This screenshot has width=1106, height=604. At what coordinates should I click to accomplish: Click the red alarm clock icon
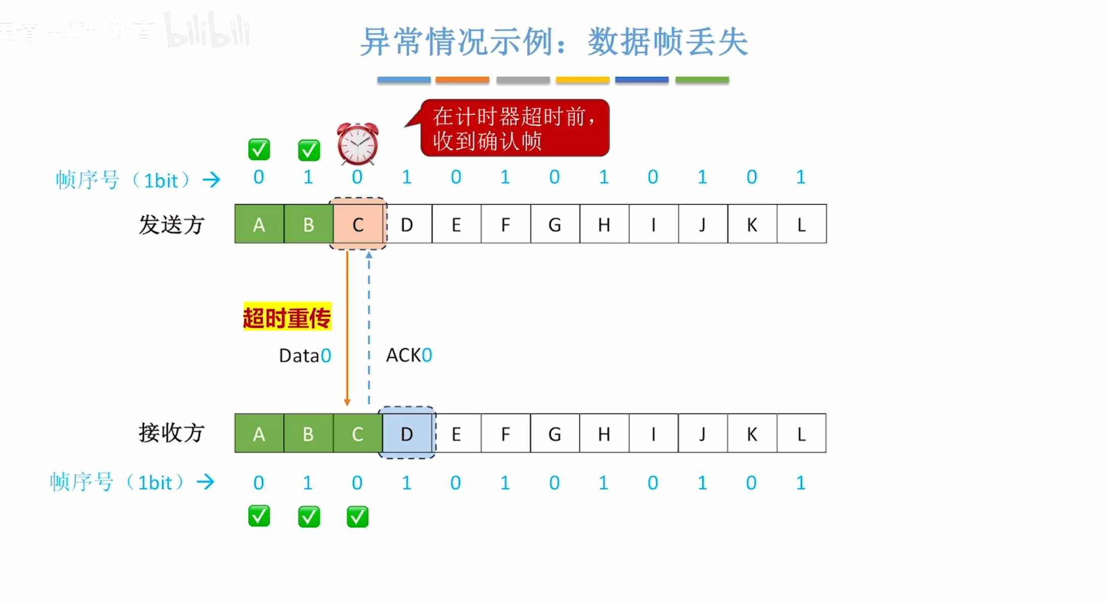pyautogui.click(x=358, y=144)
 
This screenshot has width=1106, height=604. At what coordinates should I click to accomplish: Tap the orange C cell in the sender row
pyautogui.click(x=358, y=224)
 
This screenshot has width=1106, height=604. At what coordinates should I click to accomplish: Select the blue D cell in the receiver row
pyautogui.click(x=407, y=434)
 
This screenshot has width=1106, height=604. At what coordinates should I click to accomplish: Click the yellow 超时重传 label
pyautogui.click(x=287, y=317)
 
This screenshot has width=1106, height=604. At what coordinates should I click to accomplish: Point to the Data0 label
pyautogui.click(x=305, y=355)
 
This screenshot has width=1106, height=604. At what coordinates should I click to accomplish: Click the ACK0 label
pyautogui.click(x=409, y=355)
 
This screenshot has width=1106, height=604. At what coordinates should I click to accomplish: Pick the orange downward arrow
pyautogui.click(x=347, y=329)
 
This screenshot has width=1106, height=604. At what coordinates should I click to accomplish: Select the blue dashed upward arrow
pyautogui.click(x=369, y=329)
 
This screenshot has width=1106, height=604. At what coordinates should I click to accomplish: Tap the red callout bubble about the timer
pyautogui.click(x=514, y=128)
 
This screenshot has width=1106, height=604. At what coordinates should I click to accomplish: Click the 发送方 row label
pyautogui.click(x=171, y=225)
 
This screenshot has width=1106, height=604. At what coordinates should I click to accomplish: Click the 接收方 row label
pyautogui.click(x=171, y=433)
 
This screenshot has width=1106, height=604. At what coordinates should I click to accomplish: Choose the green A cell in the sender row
pyautogui.click(x=259, y=224)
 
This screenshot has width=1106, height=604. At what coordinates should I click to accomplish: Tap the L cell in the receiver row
pyautogui.click(x=801, y=434)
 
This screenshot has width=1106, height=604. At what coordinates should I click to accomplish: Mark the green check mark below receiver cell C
pyautogui.click(x=358, y=517)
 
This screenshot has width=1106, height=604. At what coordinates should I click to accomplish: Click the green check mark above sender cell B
pyautogui.click(x=309, y=150)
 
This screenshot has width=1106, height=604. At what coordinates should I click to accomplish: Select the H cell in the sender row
pyautogui.click(x=604, y=224)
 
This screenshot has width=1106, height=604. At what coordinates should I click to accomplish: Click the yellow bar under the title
pyautogui.click(x=583, y=80)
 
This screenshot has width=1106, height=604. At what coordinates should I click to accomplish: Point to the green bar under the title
pyautogui.click(x=702, y=80)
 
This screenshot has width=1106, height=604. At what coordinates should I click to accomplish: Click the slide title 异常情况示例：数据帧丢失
pyautogui.click(x=554, y=42)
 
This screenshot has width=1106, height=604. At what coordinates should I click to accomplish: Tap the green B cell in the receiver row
pyautogui.click(x=308, y=434)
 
